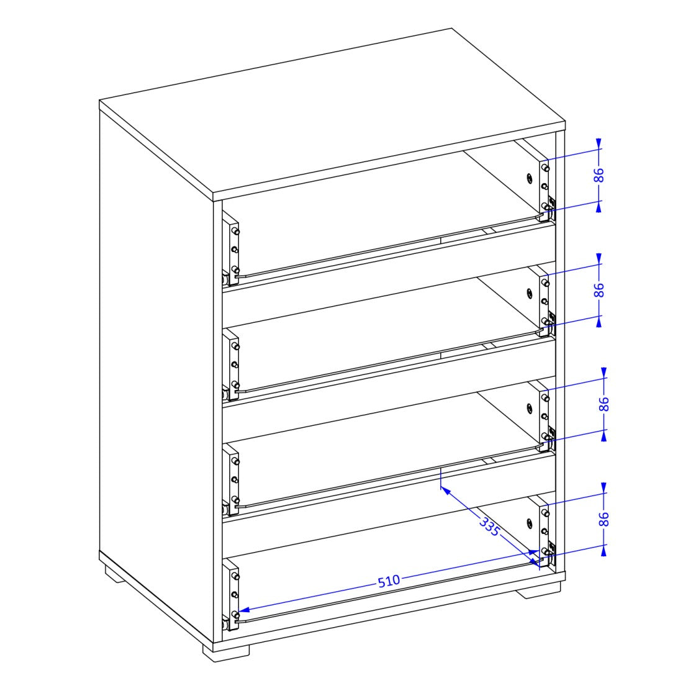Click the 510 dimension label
click(389, 581)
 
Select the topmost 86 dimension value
click(599, 175)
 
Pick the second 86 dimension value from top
click(599, 290)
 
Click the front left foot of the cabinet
click(225, 650)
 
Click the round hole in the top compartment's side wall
click(529, 179)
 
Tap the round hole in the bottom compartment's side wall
click(529, 523)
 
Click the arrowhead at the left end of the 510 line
click(244, 610)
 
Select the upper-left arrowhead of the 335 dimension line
click(445, 490)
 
